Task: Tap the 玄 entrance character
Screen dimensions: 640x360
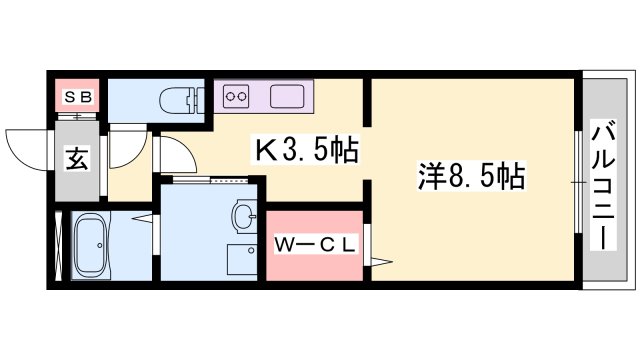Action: [77, 158]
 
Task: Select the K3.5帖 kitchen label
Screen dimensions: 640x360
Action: [305, 151]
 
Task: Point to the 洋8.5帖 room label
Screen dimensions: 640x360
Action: [471, 179]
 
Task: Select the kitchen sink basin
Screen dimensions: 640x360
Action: [285, 97]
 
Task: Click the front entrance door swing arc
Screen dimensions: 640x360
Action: [27, 146]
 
